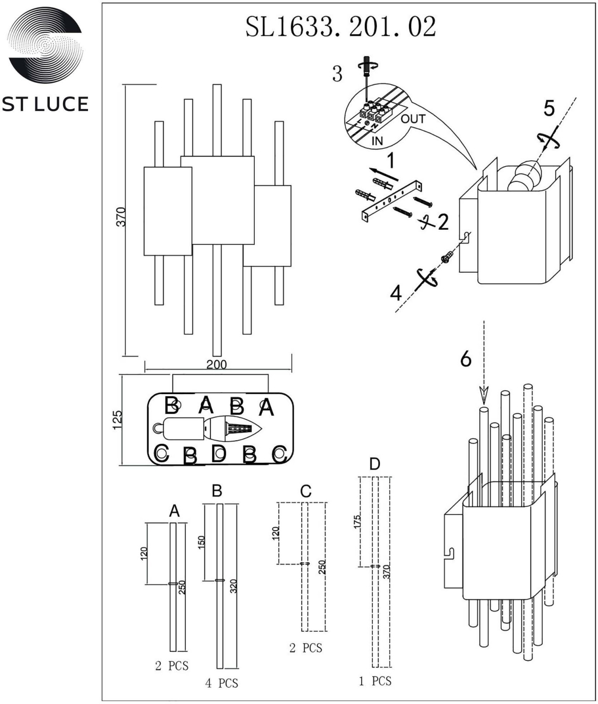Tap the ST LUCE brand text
click(x=45, y=104)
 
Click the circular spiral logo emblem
click(x=45, y=45)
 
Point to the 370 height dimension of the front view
click(x=121, y=216)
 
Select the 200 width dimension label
click(x=216, y=364)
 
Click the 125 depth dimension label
click(x=117, y=420)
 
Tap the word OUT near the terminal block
click(x=413, y=119)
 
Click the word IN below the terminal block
click(x=377, y=141)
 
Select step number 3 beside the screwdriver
click(x=337, y=74)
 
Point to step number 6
click(x=466, y=359)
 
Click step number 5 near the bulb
click(x=549, y=108)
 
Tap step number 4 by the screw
click(x=396, y=293)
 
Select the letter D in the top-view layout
click(x=218, y=453)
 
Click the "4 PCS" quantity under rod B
click(x=221, y=683)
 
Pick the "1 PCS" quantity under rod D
click(x=375, y=681)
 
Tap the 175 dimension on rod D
click(x=357, y=521)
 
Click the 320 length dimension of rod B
click(x=234, y=586)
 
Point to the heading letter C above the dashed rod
click(x=306, y=491)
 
